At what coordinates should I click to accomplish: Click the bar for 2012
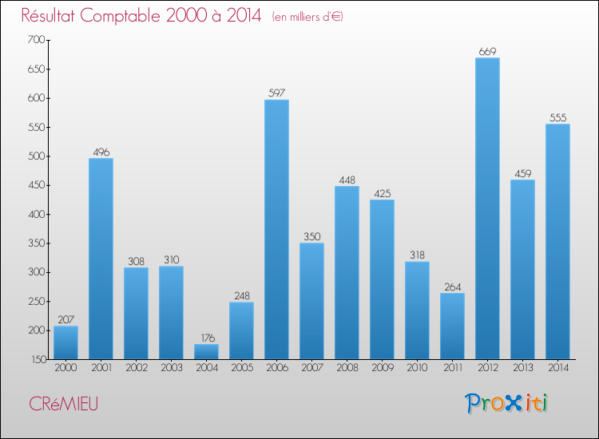click(487, 208)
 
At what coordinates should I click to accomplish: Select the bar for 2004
click(206, 351)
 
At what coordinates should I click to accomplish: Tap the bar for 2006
click(276, 229)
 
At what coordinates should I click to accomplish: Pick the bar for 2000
click(65, 342)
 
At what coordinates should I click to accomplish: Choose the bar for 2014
click(557, 241)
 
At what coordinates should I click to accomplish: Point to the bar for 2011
click(452, 326)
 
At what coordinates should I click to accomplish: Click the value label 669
click(487, 52)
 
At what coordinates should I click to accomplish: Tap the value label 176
click(206, 338)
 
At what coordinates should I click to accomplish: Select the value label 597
click(276, 93)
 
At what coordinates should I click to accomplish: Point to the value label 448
click(347, 180)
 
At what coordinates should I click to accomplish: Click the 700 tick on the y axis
click(34, 40)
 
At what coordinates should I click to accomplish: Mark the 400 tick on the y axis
click(34, 214)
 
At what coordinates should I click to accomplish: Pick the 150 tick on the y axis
click(34, 359)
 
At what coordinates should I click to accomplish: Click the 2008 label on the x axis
click(347, 368)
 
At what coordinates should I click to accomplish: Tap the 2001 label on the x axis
click(101, 368)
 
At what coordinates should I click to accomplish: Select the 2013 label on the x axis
click(522, 368)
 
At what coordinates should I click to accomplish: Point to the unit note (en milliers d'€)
click(307, 17)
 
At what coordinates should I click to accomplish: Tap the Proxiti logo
click(508, 403)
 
